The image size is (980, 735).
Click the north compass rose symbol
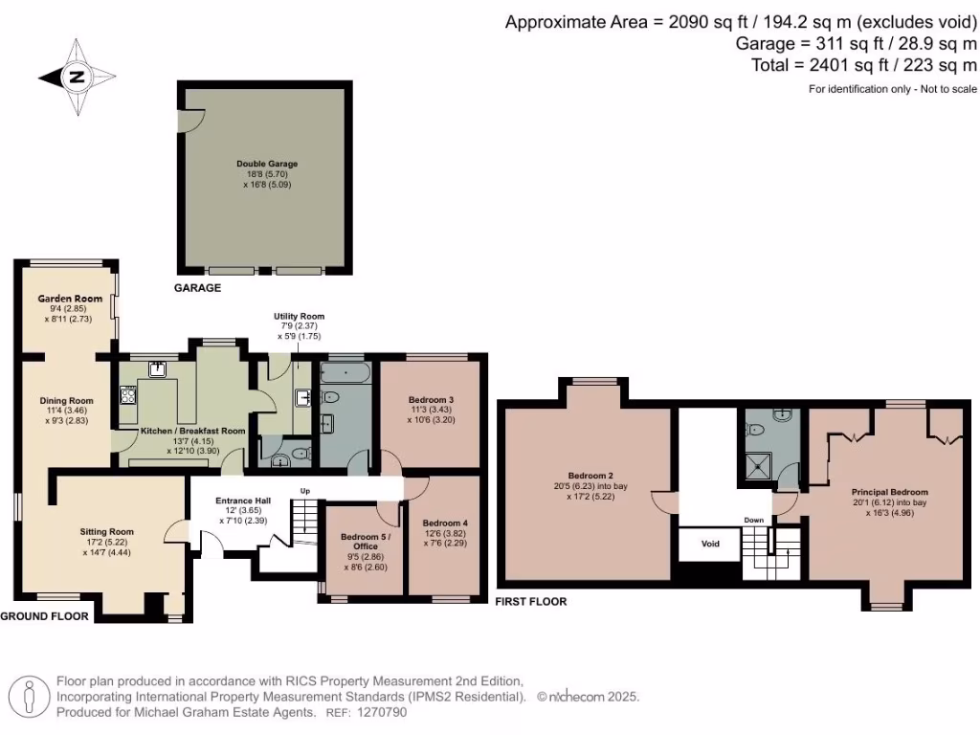77,78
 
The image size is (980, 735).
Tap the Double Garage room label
267,164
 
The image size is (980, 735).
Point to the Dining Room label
66,401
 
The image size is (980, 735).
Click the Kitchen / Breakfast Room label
193,432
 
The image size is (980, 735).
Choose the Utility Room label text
299,316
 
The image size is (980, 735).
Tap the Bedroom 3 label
430,399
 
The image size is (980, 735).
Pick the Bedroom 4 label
445,523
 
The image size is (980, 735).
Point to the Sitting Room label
106,531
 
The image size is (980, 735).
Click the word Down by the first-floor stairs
755,522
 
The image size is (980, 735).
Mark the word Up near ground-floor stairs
305,491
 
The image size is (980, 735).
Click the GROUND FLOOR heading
45,617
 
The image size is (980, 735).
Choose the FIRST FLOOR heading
531,602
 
